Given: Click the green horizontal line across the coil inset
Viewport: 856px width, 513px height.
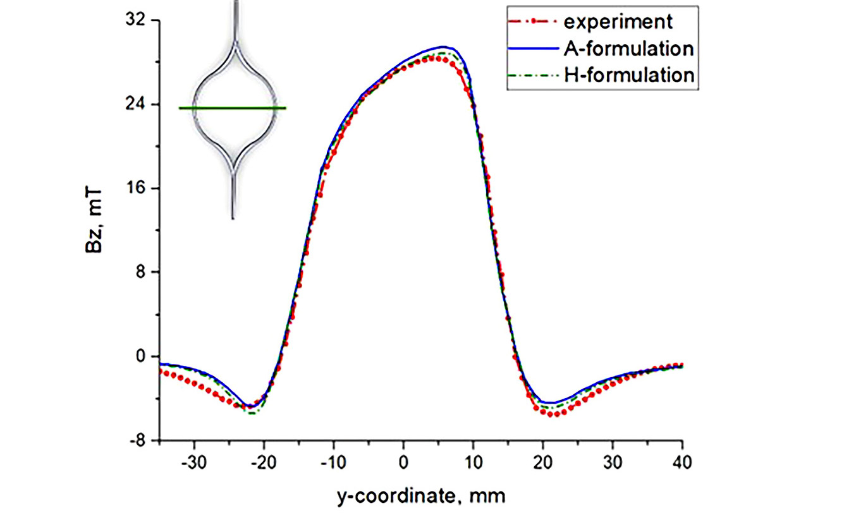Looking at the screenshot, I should [232, 108].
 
